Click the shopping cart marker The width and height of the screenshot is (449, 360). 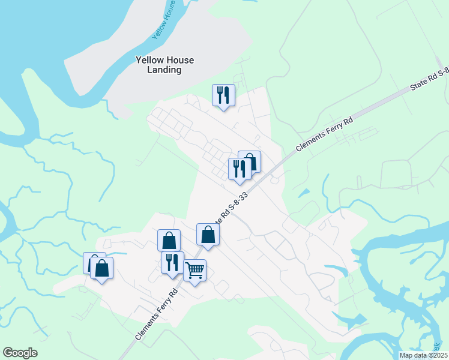(195, 271)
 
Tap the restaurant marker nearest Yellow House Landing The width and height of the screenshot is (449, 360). (223, 95)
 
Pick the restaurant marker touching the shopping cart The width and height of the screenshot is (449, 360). (172, 263)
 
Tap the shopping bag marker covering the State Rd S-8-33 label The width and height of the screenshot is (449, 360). (208, 235)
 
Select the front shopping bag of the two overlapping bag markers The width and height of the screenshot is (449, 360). (101, 268)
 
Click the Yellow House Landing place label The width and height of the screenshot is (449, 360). (157, 65)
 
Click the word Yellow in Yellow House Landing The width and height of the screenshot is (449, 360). (148, 60)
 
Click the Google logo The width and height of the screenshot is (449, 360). (20, 353)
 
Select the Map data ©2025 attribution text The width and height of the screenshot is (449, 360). (423, 355)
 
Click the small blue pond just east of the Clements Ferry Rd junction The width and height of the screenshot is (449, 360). (304, 193)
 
